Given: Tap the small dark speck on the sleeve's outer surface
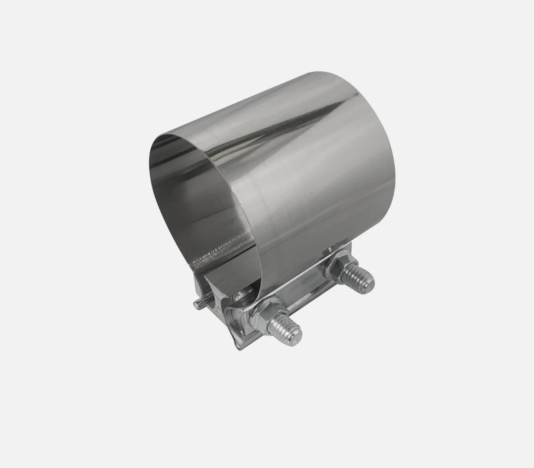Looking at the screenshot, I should [x=310, y=191].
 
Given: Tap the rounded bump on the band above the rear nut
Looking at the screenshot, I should [x=331, y=250].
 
